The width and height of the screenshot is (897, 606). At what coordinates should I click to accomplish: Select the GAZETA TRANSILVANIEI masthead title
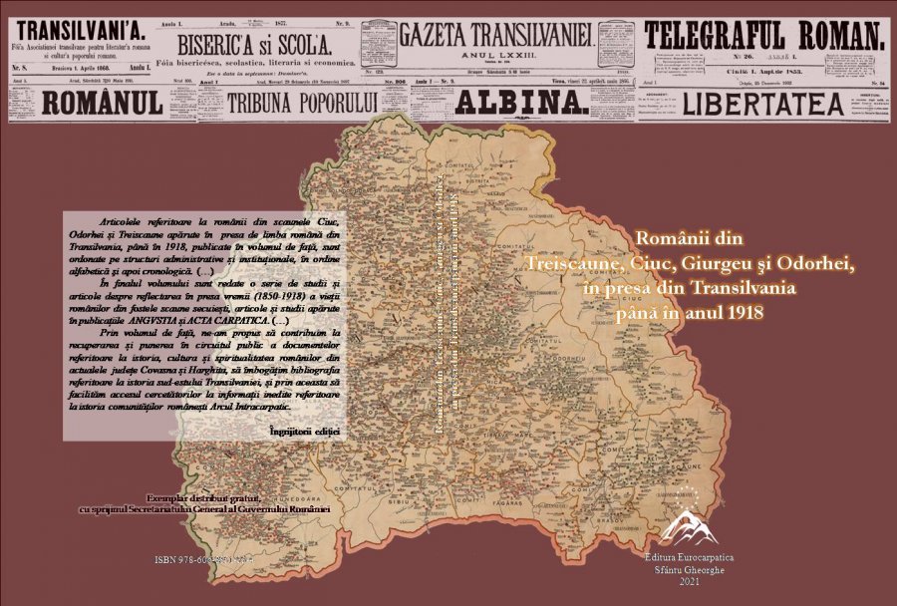click(495, 33)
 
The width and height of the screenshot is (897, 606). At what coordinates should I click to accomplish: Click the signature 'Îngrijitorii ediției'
click(305, 431)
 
